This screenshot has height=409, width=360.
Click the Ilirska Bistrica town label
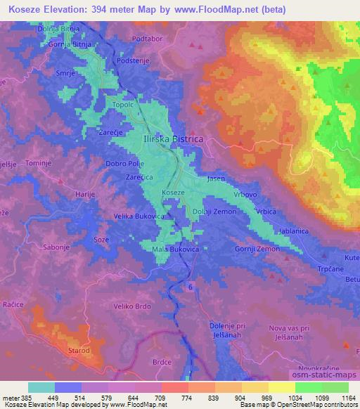[173, 139]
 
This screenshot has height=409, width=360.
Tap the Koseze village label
[173, 192]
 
